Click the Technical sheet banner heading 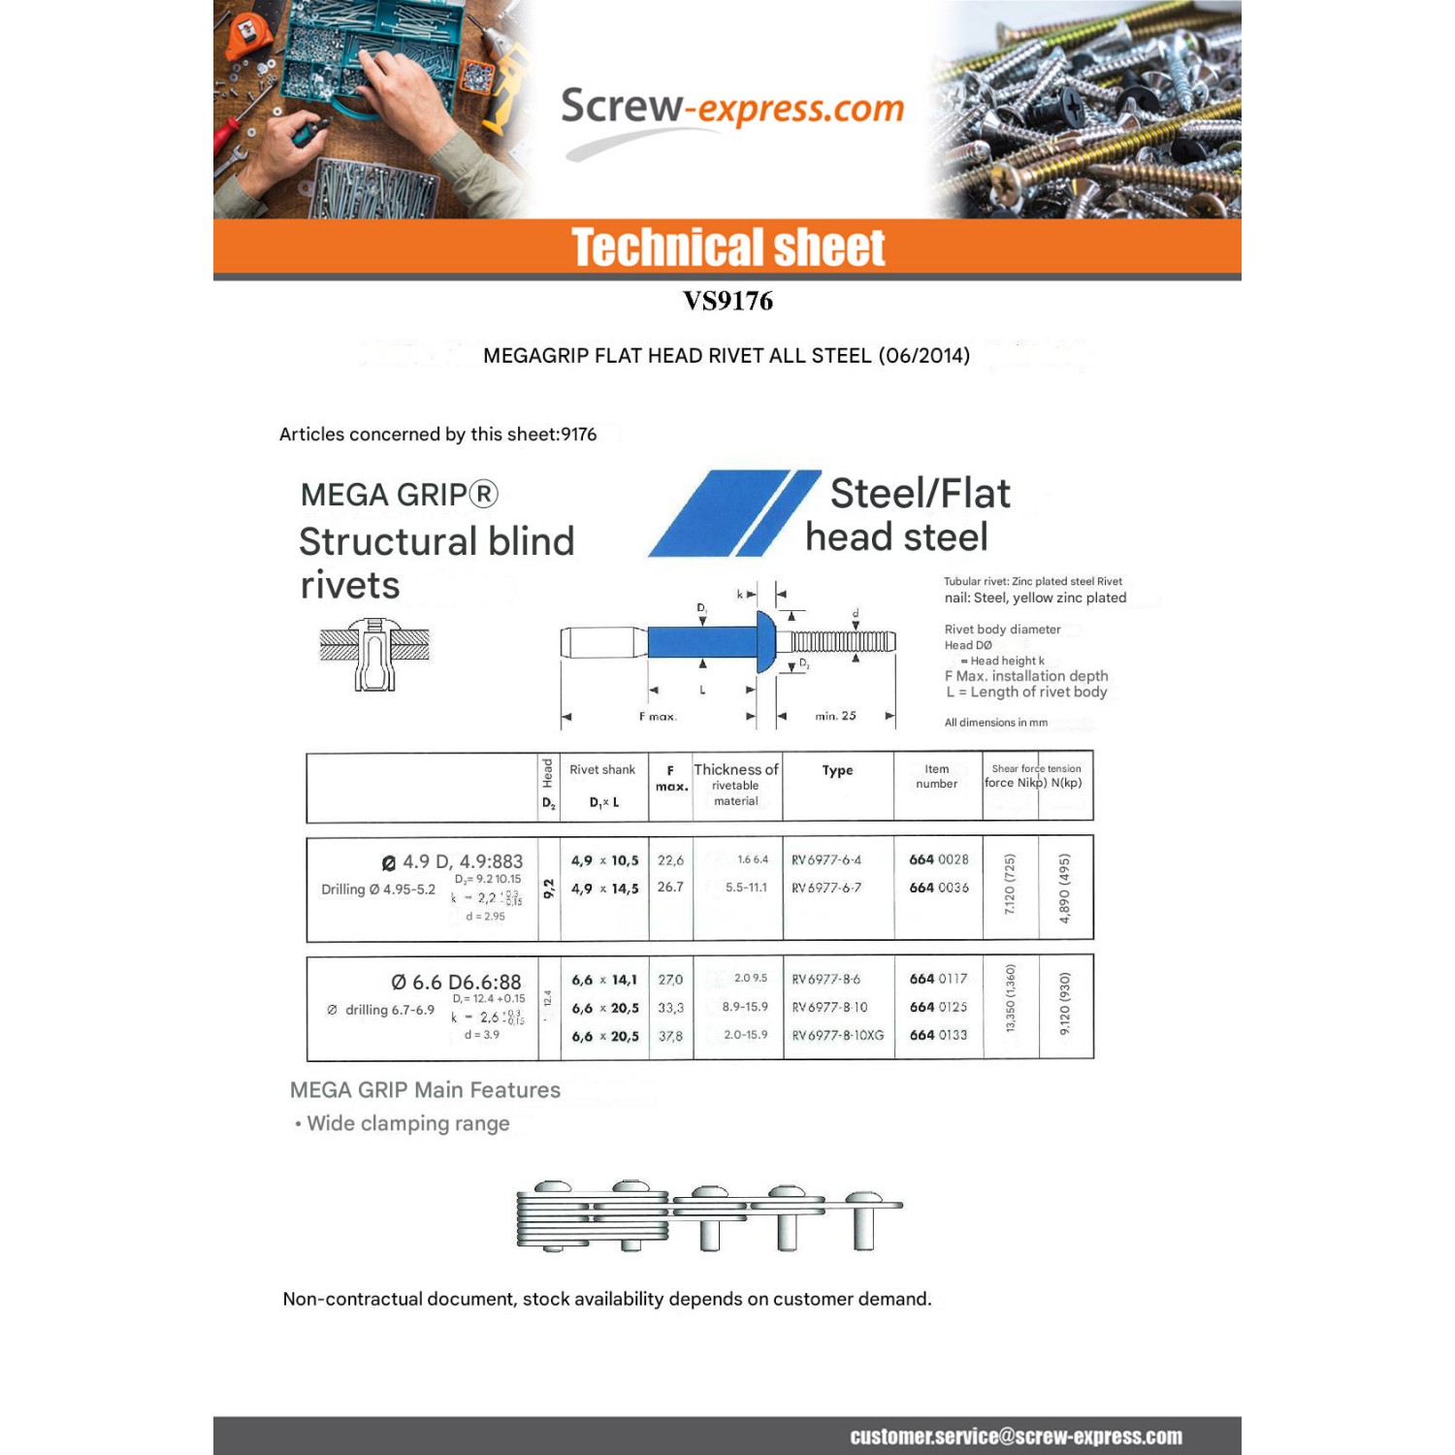(x=727, y=247)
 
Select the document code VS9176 (x=727, y=301)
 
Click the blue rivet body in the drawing (x=702, y=641)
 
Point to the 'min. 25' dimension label (x=835, y=716)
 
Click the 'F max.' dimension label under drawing (x=658, y=717)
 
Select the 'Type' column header (x=837, y=770)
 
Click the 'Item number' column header (x=936, y=776)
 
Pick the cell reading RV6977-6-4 (x=825, y=860)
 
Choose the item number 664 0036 (x=938, y=888)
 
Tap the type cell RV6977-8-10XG (x=838, y=1036)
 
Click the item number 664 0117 (x=938, y=980)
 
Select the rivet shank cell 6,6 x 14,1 (x=604, y=980)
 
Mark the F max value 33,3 (x=670, y=1008)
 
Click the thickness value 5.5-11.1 (x=745, y=888)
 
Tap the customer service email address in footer (x=1016, y=1437)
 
